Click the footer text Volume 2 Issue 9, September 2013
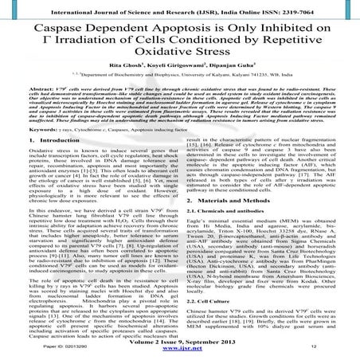tap(179, 340)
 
